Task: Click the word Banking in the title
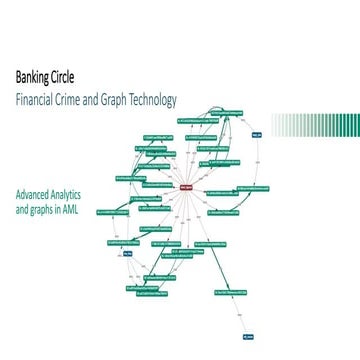pos(31,77)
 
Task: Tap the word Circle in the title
pos(61,77)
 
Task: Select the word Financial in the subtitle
pos(36,100)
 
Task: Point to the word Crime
pos(78,100)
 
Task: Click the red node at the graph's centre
pos(186,187)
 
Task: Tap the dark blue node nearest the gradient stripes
pos(256,132)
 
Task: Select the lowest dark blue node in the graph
pos(248,335)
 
